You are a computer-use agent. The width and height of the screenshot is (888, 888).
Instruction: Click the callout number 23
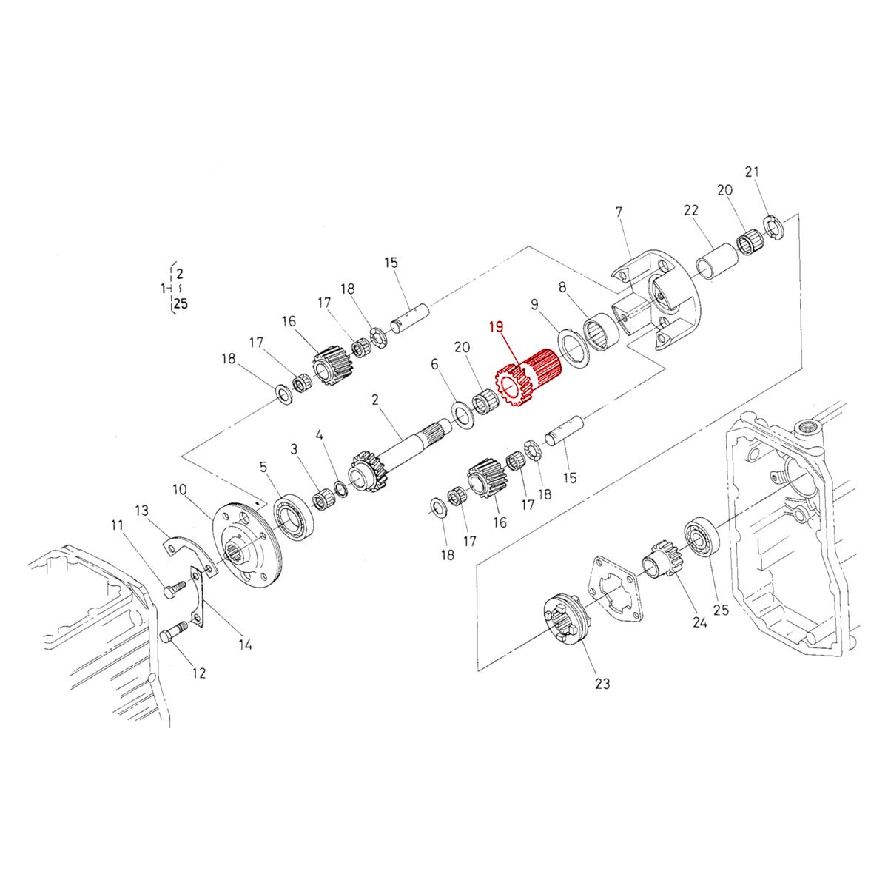[x=602, y=684]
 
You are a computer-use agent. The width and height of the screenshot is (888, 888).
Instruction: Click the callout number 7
[x=619, y=212]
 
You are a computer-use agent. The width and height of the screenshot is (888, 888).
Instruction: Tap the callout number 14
[x=245, y=645]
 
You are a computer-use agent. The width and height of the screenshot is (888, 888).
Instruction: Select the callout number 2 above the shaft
[x=375, y=400]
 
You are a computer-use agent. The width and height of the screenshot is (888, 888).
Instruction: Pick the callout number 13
[x=142, y=510]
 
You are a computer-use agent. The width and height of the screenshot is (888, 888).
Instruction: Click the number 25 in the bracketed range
[x=181, y=303]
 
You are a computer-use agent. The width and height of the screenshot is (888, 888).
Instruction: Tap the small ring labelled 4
[x=341, y=488]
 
